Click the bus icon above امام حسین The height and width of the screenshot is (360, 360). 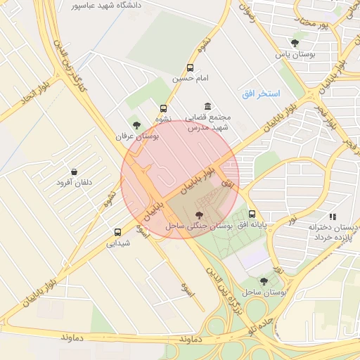(x=190, y=68)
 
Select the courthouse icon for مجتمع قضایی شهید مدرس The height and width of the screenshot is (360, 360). (x=207, y=105)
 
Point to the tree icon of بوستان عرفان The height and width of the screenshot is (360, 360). (x=136, y=124)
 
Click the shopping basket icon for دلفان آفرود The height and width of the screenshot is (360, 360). (x=74, y=172)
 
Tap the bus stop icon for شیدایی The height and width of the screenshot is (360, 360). (x=117, y=232)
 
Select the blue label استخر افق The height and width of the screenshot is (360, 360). (x=261, y=94)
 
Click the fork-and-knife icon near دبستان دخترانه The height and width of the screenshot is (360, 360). (x=333, y=217)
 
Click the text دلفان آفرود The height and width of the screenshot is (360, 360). (x=75, y=183)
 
